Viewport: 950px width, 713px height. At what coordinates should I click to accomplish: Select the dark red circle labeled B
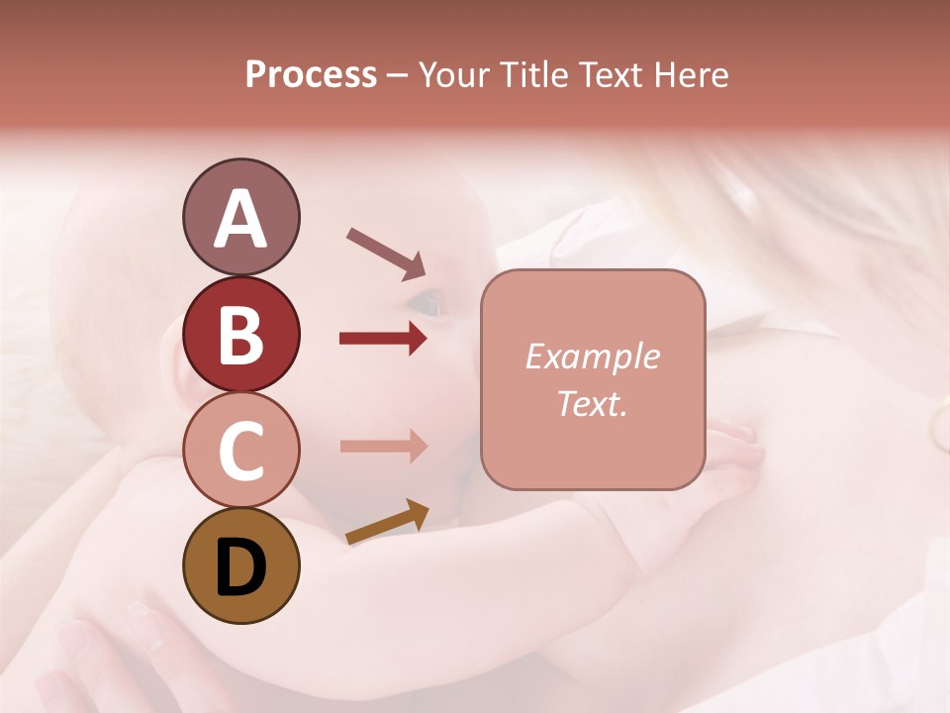(x=240, y=334)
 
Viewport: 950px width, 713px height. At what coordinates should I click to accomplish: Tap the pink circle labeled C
(x=240, y=450)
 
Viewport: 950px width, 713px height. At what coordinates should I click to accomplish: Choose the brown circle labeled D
(x=240, y=566)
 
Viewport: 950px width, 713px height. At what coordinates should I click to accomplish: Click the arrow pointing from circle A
(x=385, y=254)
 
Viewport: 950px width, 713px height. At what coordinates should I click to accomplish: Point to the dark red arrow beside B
(x=383, y=339)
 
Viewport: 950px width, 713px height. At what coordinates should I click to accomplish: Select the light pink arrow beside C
(x=383, y=446)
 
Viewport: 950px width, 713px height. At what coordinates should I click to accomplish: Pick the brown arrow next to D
(x=387, y=522)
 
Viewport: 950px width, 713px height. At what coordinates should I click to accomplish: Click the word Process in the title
(x=311, y=74)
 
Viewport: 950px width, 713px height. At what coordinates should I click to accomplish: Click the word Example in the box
(x=592, y=356)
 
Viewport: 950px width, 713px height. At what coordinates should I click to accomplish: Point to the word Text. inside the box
(x=592, y=403)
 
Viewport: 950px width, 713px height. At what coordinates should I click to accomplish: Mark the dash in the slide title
(x=398, y=76)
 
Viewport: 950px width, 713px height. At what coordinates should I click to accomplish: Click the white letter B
(x=240, y=334)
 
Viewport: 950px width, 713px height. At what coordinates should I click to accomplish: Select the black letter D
(x=240, y=567)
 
